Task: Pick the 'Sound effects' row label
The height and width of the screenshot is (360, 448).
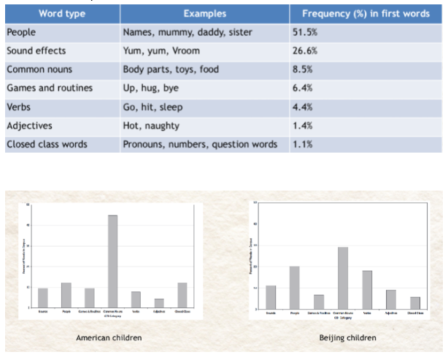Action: click(x=37, y=51)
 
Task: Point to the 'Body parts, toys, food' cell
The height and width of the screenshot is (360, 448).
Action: click(x=172, y=69)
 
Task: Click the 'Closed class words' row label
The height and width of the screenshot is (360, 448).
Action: click(x=47, y=144)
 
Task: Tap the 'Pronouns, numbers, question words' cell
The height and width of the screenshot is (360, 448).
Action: click(x=200, y=144)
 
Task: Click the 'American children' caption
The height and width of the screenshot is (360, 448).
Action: click(x=110, y=337)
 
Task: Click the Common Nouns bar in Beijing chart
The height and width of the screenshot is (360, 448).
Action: click(x=342, y=278)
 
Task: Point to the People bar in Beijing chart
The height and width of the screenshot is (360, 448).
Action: click(x=294, y=288)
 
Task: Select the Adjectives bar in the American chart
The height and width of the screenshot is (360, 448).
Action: click(x=159, y=303)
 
